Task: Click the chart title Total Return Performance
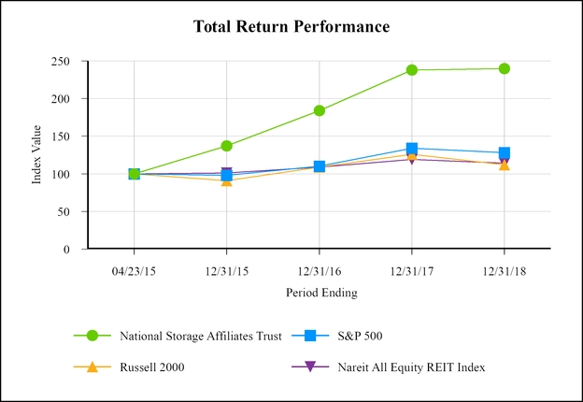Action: tap(291, 26)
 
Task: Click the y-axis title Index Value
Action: tap(37, 155)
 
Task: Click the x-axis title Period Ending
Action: tap(319, 293)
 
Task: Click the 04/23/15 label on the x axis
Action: tap(134, 266)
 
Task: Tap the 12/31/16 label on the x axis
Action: tap(319, 266)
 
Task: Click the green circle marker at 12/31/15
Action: tap(226, 146)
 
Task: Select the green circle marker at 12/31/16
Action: tap(319, 110)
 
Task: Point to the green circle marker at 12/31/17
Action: tap(412, 69)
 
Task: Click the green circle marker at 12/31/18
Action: tap(505, 68)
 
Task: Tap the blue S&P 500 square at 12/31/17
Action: tap(412, 149)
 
